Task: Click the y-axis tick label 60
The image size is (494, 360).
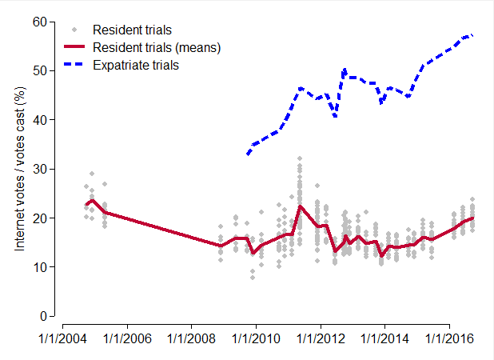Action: click(x=39, y=22)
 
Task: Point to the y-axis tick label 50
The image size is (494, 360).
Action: click(x=39, y=70)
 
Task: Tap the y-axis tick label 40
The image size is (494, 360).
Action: click(x=39, y=120)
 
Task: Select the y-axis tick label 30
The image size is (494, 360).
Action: click(x=39, y=169)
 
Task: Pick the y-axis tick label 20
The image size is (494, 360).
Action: click(x=39, y=218)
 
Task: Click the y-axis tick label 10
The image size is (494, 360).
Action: click(x=39, y=267)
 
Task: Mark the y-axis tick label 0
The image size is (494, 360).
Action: click(x=42, y=316)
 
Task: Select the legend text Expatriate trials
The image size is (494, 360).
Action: click(x=136, y=65)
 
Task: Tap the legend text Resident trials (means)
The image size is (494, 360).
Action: click(x=157, y=47)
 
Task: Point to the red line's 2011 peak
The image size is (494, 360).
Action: click(x=300, y=206)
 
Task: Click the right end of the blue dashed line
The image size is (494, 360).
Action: click(x=472, y=35)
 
